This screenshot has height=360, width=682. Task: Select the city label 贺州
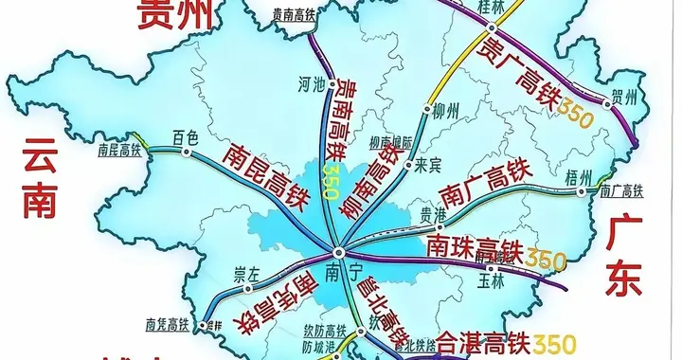coord(623,96)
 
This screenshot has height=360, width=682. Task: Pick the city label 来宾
coord(429,164)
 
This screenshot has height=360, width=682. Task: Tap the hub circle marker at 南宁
coord(340,252)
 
